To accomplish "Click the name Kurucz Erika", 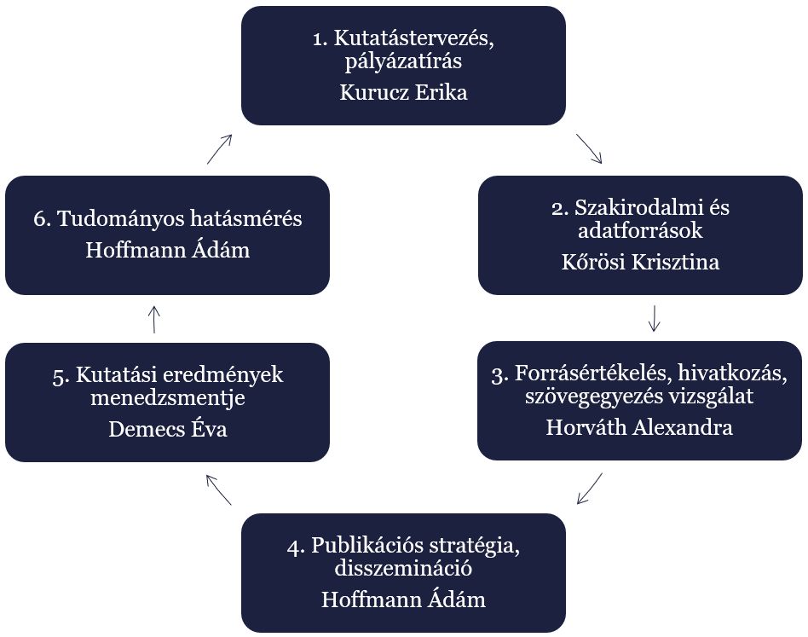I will tap(403, 93).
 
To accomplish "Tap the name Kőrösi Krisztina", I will tap(639, 262).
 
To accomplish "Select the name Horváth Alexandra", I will tap(639, 427).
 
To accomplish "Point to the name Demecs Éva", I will tap(168, 429).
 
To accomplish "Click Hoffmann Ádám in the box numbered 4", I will tap(403, 599).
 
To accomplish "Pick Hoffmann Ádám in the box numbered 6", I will tap(168, 251).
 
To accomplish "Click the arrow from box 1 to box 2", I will tap(589, 148).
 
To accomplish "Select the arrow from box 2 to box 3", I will tap(655, 317).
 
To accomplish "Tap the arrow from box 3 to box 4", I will tap(590, 488).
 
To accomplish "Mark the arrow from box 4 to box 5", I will tap(218, 489).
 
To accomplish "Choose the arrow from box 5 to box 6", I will tap(154, 319).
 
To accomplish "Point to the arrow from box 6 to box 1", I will tap(219, 148).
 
